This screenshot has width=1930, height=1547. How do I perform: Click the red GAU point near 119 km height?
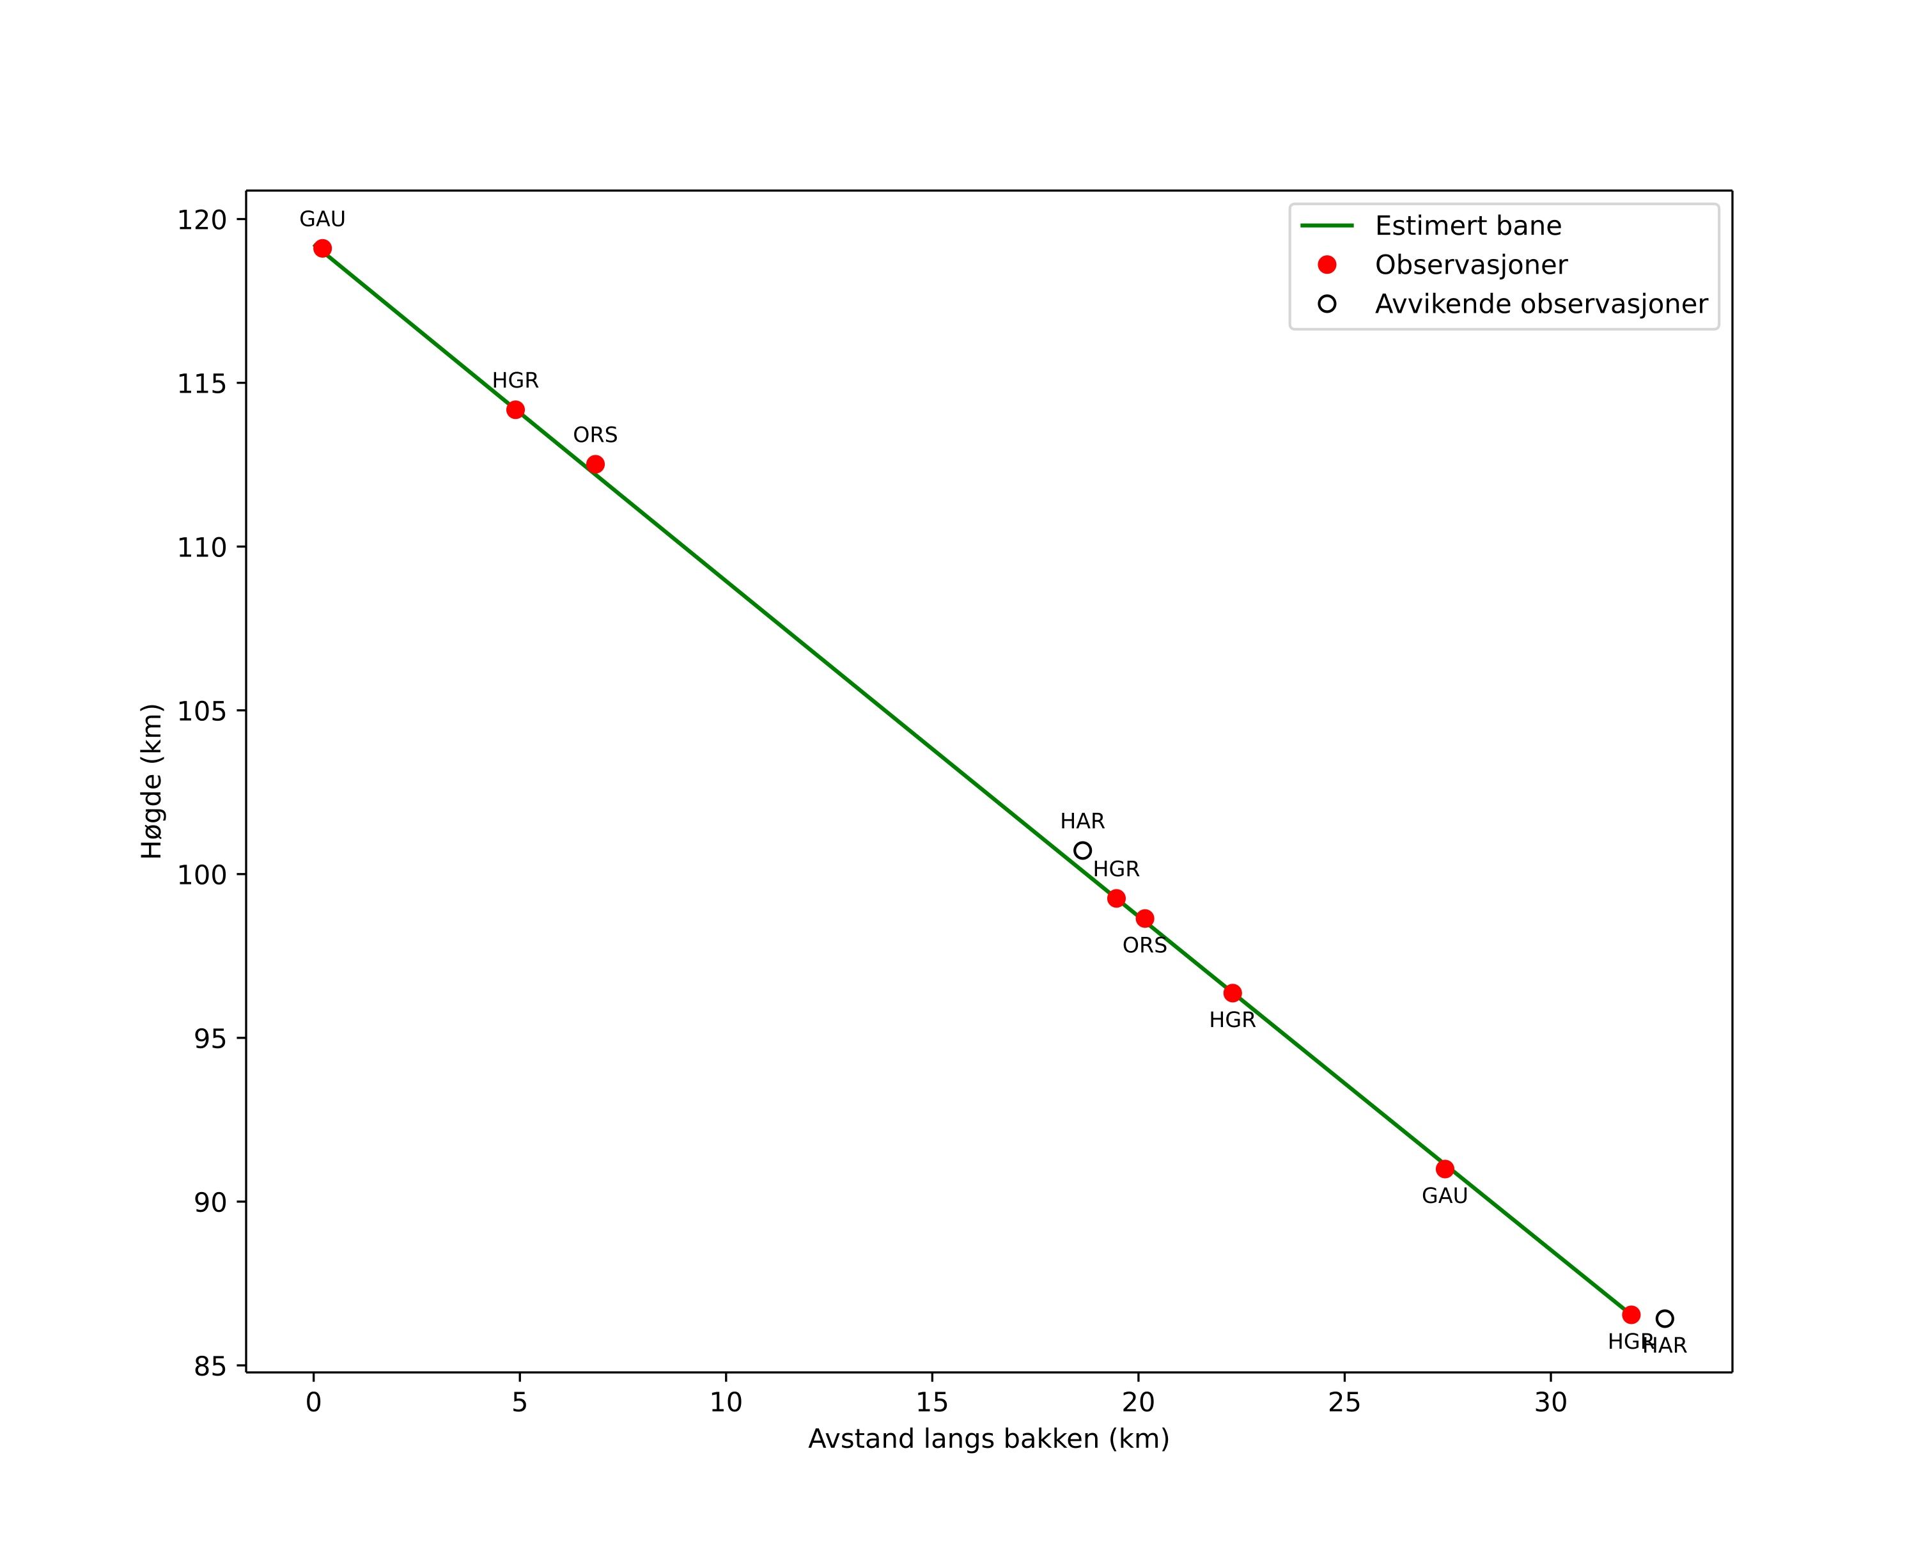pyautogui.click(x=322, y=249)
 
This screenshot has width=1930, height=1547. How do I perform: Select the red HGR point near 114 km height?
pyautogui.click(x=516, y=410)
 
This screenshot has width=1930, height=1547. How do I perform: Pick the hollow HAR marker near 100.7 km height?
pyautogui.click(x=1082, y=851)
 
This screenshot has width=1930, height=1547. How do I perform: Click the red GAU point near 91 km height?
pyautogui.click(x=1445, y=1169)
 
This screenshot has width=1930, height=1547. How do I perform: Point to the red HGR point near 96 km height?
pyautogui.click(x=1233, y=993)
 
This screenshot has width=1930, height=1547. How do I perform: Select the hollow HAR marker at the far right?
pyautogui.click(x=1664, y=1319)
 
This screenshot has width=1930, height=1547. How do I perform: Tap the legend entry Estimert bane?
pyautogui.click(x=1467, y=226)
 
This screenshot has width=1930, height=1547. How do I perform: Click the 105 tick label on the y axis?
pyautogui.click(x=201, y=711)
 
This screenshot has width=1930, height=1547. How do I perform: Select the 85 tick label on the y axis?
pyautogui.click(x=210, y=1367)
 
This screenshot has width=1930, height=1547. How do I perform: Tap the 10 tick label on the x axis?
pyautogui.click(x=726, y=1403)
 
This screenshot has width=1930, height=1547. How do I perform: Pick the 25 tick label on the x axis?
pyautogui.click(x=1344, y=1403)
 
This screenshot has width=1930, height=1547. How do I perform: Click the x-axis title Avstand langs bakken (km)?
pyautogui.click(x=988, y=1439)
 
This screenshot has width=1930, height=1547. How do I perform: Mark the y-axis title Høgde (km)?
pyautogui.click(x=152, y=781)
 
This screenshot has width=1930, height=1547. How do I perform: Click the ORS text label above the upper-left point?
pyautogui.click(x=595, y=435)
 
